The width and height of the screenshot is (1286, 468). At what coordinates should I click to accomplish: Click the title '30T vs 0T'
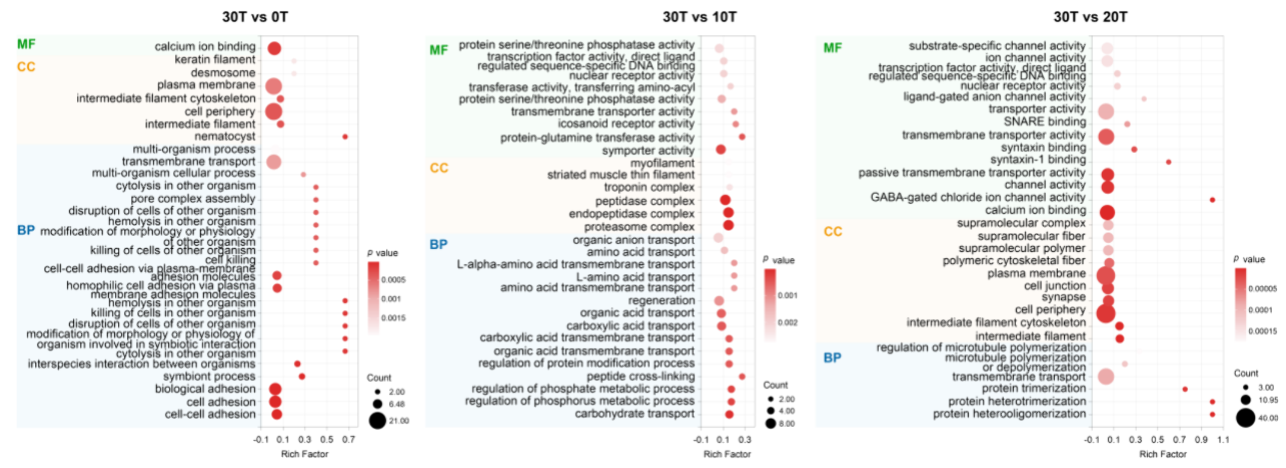pos(255,17)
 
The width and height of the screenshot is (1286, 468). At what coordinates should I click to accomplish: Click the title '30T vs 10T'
pos(699,17)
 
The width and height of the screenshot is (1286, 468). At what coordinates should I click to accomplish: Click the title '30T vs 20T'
pos(1090,17)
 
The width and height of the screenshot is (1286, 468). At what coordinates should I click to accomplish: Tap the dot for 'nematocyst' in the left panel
pos(345,137)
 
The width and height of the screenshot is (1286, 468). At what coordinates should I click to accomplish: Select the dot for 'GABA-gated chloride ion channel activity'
pos(1212,200)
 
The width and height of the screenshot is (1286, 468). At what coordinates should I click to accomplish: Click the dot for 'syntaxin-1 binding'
pos(1168,162)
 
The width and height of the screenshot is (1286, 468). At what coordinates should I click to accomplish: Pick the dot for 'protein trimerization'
pos(1184,389)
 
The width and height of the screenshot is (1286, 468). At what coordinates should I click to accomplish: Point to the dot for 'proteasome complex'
pos(728,225)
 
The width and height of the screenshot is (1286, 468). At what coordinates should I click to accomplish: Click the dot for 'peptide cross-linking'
pos(742,377)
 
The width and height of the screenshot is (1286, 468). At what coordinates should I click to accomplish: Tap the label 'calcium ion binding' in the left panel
pos(205,47)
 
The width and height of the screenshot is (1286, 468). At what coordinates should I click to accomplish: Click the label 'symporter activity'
pos(648,151)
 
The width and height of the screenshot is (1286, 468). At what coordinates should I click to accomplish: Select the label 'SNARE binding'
pos(1044,122)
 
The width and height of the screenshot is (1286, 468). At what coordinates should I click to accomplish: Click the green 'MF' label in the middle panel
pos(439,50)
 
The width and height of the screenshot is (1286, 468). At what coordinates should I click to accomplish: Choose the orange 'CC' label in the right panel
pos(832,232)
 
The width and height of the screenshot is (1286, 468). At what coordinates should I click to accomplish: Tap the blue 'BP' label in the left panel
pos(26,231)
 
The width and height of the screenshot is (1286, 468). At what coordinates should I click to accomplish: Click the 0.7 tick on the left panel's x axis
pos(349,440)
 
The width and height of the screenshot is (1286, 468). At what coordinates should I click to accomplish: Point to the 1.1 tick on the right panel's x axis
pos(1223,440)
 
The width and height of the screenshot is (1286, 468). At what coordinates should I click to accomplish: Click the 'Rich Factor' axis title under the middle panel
pos(727,454)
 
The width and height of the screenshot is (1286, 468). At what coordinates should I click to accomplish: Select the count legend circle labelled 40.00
pos(1245,418)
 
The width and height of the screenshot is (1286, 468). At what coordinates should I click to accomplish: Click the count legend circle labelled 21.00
pos(377,421)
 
